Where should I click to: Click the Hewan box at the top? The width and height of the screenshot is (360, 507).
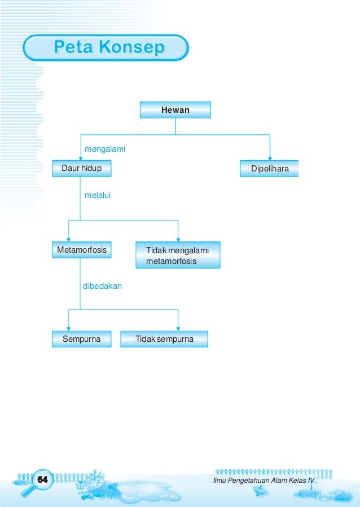(x=175, y=110)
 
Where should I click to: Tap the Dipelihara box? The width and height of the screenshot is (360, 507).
(x=269, y=169)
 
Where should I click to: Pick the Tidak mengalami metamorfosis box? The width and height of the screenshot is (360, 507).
(x=178, y=255)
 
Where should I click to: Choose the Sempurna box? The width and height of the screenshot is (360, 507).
(x=82, y=339)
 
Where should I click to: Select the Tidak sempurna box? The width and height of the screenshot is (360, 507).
(x=164, y=339)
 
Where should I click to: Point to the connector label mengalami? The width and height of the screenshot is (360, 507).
(x=104, y=149)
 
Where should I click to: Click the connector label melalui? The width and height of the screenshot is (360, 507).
(x=97, y=195)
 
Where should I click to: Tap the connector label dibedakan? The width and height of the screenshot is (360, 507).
(x=102, y=286)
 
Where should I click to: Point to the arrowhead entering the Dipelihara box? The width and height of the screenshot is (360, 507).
(x=270, y=158)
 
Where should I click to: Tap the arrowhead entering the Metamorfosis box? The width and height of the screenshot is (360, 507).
(x=68, y=239)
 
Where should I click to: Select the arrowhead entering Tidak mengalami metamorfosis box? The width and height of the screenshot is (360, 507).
(x=178, y=239)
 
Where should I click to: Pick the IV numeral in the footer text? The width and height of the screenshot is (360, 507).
(x=310, y=479)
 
